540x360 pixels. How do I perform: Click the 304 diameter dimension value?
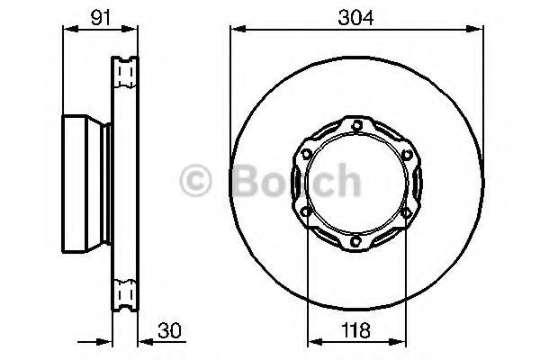[355, 18]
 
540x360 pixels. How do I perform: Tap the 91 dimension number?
[101, 18]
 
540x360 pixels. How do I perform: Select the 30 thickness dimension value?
[169, 330]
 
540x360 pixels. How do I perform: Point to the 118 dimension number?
[355, 330]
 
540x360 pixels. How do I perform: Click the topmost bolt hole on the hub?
[357, 124]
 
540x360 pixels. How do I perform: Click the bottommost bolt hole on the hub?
[355, 241]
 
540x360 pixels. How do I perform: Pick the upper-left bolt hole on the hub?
[306, 153]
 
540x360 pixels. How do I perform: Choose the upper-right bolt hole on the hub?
[408, 154]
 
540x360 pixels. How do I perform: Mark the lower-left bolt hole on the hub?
[305, 211]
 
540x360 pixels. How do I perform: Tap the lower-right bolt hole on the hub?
[407, 212]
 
